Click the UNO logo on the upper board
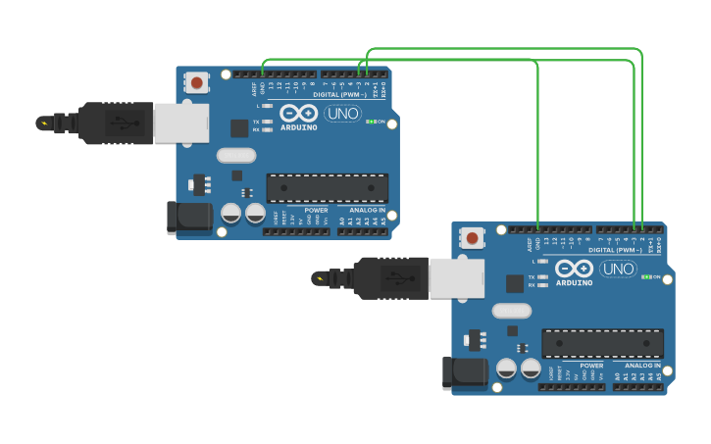[342, 114]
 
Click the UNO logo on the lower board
[618, 269]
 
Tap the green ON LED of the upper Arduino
[373, 122]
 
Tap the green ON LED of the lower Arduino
[647, 276]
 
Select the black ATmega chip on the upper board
[327, 188]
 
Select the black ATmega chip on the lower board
[602, 343]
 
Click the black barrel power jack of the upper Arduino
[189, 218]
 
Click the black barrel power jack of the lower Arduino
[465, 372]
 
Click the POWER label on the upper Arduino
[316, 210]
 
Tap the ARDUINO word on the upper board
[298, 127]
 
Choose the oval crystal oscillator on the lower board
[511, 310]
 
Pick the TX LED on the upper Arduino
[267, 122]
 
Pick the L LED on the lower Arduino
[542, 261]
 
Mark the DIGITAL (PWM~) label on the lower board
[616, 250]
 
